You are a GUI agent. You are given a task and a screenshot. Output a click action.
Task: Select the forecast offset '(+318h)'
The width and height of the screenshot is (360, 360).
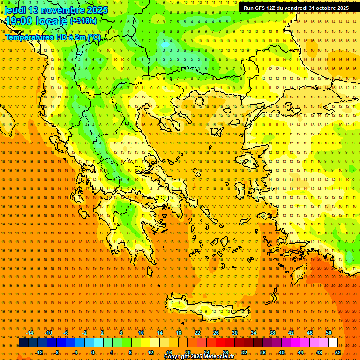(83, 21)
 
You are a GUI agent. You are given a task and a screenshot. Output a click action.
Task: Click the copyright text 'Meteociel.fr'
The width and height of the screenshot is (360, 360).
(217, 357)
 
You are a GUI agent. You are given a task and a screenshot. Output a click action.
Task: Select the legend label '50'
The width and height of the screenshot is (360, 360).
(329, 333)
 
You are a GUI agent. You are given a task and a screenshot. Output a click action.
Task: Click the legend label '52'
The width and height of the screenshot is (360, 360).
(338, 352)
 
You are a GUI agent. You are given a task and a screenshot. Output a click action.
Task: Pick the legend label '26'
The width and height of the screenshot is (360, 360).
(216, 333)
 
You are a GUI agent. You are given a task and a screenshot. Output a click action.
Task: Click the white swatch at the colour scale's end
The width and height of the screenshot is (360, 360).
(333, 343)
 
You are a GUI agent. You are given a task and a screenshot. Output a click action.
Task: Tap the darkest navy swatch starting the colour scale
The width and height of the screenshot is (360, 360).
(23, 343)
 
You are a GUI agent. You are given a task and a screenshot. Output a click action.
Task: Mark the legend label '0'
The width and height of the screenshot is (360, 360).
(93, 352)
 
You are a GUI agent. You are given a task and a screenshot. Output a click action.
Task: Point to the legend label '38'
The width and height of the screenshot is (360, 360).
(272, 333)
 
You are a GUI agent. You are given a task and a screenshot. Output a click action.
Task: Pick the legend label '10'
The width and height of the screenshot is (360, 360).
(141, 333)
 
